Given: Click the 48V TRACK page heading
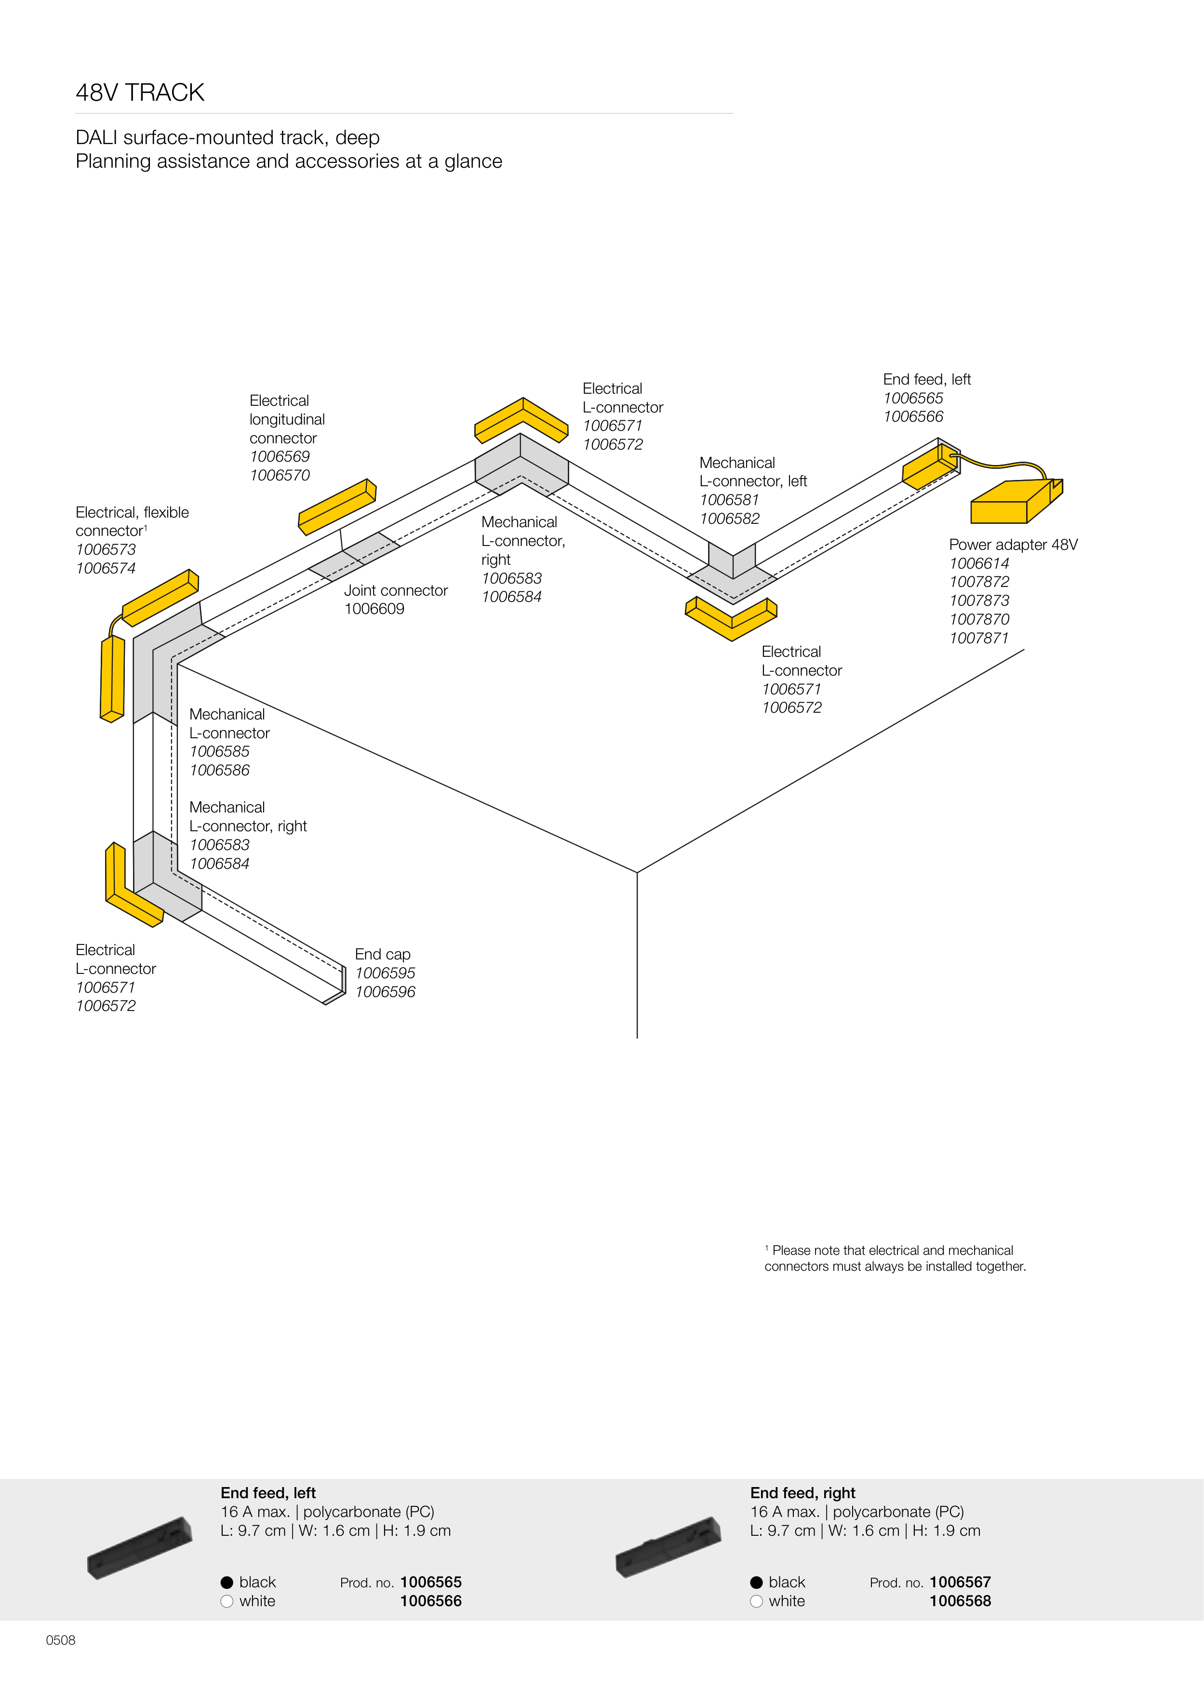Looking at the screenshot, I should coord(140,93).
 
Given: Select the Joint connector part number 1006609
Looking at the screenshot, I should coord(375,609).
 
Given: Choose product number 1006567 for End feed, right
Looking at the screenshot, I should coord(960,1583).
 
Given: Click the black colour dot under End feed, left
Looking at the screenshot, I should coord(227,1583).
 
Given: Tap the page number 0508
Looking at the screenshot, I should coord(61,1640).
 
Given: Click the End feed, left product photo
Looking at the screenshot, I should coord(139,1547).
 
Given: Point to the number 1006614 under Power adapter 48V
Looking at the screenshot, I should coord(978,563).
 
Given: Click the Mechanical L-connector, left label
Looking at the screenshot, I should coord(752,472).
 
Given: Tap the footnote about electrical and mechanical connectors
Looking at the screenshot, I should coord(895,1258).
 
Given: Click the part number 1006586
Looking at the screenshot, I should coord(219,771).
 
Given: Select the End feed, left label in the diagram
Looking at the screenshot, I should coord(927,379).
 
